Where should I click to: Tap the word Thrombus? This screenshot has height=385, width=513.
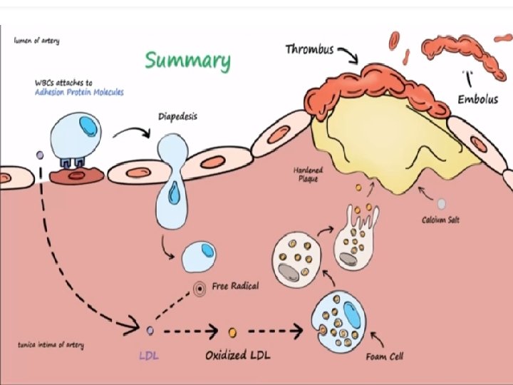point(310,49)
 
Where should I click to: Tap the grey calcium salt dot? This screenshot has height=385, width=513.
point(442,204)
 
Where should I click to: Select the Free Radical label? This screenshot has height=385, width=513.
point(236,286)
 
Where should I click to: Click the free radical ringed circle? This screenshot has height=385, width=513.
point(200,289)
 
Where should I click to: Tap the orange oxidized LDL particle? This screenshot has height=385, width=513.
point(232,332)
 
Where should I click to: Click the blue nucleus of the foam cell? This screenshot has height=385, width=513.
point(351,314)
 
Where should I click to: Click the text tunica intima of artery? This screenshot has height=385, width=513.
point(51,345)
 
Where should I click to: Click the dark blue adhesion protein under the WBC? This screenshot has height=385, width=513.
point(71,164)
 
